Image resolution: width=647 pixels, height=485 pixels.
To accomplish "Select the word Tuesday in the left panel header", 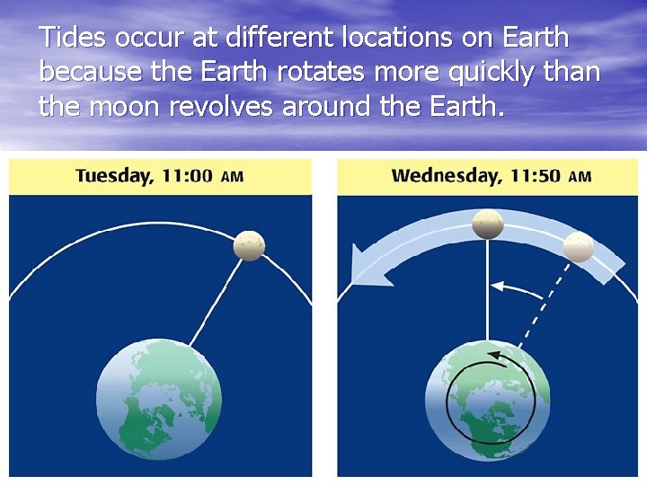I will tap(113, 176).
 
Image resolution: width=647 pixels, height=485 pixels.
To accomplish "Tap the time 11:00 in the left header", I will tap(187, 176).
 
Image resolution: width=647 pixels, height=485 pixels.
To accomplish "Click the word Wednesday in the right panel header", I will tap(447, 176).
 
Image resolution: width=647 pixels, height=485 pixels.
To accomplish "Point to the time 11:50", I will tap(536, 176).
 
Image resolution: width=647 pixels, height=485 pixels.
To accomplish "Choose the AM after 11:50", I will tap(581, 177).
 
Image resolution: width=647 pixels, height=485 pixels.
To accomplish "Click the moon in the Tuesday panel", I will tap(249, 245).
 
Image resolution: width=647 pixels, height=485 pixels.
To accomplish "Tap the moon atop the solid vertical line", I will tap(488, 224).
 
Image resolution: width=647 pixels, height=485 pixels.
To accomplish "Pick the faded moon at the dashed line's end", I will tap(579, 246).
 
